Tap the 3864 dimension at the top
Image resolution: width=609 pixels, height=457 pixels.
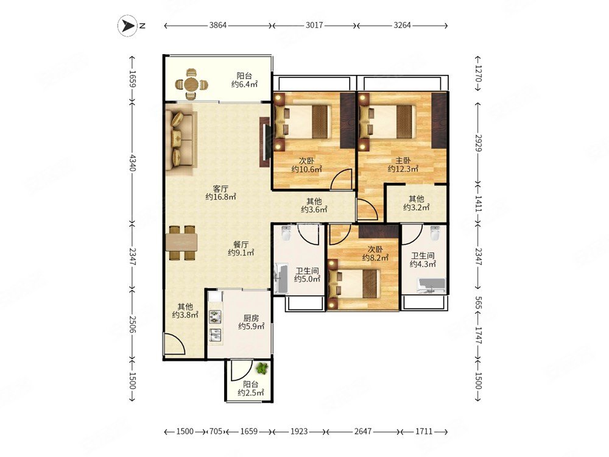tap(217, 26)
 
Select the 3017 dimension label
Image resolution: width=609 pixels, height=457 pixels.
tap(314, 26)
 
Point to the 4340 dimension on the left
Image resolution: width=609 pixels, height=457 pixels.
tap(133, 163)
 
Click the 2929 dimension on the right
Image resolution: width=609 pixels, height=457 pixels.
tap(478, 143)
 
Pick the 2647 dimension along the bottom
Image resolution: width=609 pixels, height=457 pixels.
tap(363, 431)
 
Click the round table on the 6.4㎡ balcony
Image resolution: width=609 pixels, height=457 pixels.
tap(191, 84)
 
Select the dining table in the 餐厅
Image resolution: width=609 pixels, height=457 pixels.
tap(181, 243)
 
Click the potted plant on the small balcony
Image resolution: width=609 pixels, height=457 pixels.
tap(263, 368)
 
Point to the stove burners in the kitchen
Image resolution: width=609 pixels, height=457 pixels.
tap(214, 317)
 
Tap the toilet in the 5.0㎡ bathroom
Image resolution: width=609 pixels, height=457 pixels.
tap(286, 233)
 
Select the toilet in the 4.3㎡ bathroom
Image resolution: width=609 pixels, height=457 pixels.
tap(435, 233)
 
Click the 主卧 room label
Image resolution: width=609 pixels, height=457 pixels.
tap(403, 160)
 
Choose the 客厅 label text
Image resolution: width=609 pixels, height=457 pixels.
tap(220, 189)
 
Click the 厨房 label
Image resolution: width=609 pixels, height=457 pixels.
tap(251, 318)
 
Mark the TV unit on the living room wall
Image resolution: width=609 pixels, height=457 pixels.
tap(264, 142)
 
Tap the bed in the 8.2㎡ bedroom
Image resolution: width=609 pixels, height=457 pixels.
tap(353, 284)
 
